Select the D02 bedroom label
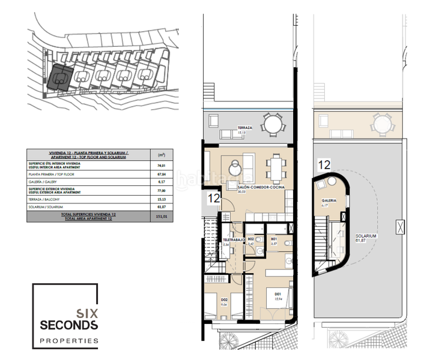(223, 299)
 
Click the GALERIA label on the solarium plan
(328, 201)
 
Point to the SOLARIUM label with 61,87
(366, 237)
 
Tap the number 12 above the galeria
(324, 163)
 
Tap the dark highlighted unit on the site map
(60, 78)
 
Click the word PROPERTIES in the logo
(69, 340)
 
